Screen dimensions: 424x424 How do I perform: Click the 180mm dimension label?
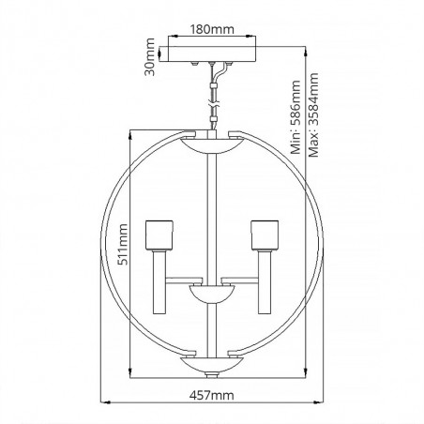point(212,29)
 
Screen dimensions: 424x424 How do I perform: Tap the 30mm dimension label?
point(150,56)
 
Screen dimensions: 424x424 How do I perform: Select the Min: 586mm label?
point(295,117)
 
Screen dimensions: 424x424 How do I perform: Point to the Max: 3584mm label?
point(313,115)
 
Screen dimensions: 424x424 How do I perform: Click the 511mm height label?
point(122,245)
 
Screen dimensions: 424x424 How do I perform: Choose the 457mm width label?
point(212,396)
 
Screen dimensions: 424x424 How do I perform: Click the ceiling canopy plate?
point(207,53)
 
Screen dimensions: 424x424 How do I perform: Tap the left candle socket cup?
point(159,235)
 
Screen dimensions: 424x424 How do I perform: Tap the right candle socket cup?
point(265,235)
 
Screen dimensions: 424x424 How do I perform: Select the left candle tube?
point(159,281)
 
